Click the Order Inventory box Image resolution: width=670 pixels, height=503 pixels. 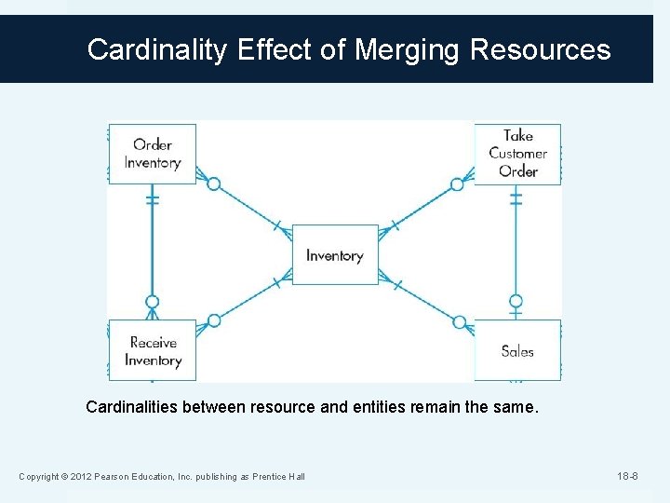[152, 154]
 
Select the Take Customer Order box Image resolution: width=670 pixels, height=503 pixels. [517, 154]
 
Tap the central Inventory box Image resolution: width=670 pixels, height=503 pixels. [335, 254]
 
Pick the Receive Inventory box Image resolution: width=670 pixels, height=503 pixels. [152, 350]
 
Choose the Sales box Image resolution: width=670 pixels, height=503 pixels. [517, 350]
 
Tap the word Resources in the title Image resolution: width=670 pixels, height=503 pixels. [541, 49]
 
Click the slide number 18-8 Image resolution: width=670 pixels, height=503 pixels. [628, 477]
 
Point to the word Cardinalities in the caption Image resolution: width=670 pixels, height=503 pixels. [131, 407]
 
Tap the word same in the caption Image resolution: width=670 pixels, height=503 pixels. [515, 407]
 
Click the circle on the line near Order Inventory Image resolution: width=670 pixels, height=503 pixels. [213, 184]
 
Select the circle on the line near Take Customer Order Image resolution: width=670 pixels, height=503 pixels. [457, 184]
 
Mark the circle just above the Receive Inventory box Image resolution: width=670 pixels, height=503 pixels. [153, 302]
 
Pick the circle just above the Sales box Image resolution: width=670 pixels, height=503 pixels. [516, 301]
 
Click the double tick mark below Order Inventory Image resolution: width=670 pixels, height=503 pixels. [153, 199]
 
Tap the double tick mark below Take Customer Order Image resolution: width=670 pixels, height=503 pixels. [516, 199]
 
